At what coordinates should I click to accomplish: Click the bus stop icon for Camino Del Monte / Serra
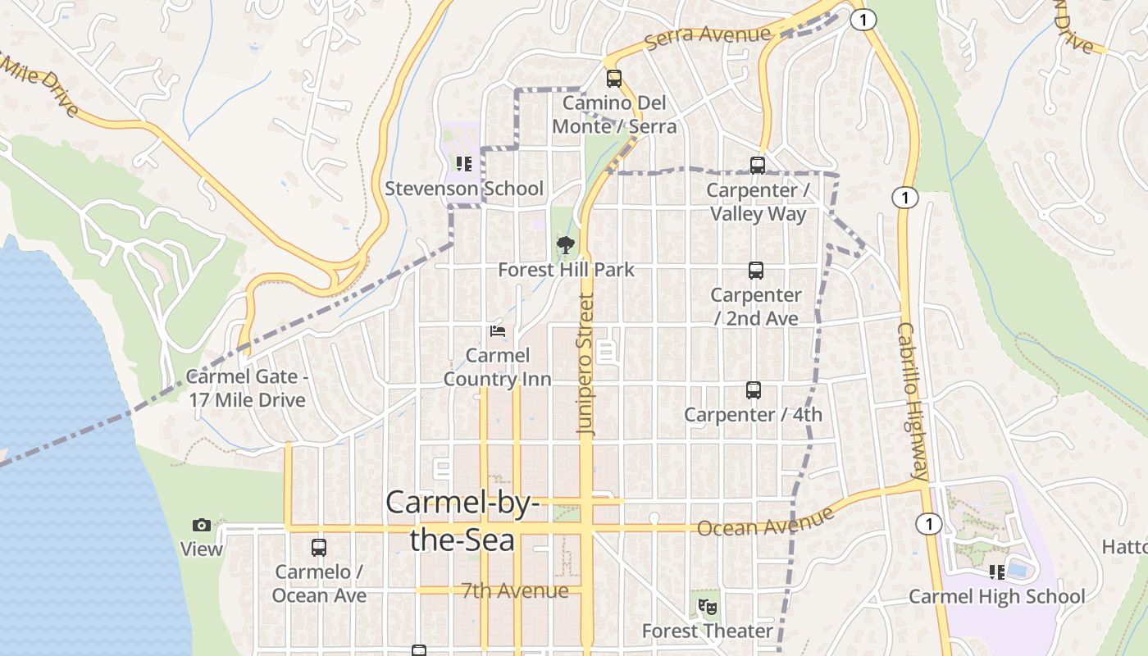pyautogui.click(x=613, y=79)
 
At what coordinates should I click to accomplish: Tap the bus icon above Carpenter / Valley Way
pyautogui.click(x=758, y=166)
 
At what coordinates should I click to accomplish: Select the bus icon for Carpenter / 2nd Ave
pyautogui.click(x=755, y=271)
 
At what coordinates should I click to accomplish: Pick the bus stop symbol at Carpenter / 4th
pyautogui.click(x=754, y=390)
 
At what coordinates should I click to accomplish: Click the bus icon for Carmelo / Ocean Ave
pyautogui.click(x=319, y=548)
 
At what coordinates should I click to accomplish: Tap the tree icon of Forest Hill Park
pyautogui.click(x=565, y=244)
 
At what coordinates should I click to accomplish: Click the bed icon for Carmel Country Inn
pyautogui.click(x=497, y=331)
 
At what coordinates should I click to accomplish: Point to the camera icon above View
pyautogui.click(x=202, y=525)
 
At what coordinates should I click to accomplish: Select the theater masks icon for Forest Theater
pyautogui.click(x=708, y=607)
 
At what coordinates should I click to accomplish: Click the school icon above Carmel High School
pyautogui.click(x=996, y=572)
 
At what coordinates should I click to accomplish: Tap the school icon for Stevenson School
pyautogui.click(x=464, y=164)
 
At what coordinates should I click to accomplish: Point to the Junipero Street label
pyautogui.click(x=585, y=363)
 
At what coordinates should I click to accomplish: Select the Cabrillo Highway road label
pyautogui.click(x=912, y=401)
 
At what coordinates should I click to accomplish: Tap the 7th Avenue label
pyautogui.click(x=514, y=590)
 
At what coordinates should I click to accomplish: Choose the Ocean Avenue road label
pyautogui.click(x=765, y=522)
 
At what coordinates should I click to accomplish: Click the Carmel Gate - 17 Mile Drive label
pyautogui.click(x=246, y=388)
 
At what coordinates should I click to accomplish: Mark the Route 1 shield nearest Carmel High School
pyautogui.click(x=928, y=524)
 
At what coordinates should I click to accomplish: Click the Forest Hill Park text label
pyautogui.click(x=566, y=270)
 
